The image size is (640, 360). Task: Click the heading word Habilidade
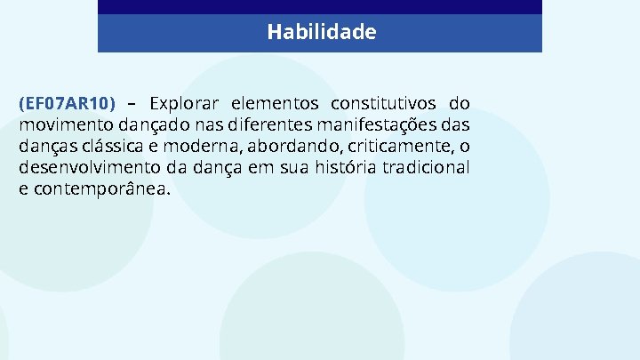(x=321, y=33)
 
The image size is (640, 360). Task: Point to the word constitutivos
(x=384, y=102)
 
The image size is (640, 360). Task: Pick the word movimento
(x=59, y=124)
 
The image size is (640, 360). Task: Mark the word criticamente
(x=396, y=145)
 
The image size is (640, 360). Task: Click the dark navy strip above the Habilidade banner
(x=320, y=7)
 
